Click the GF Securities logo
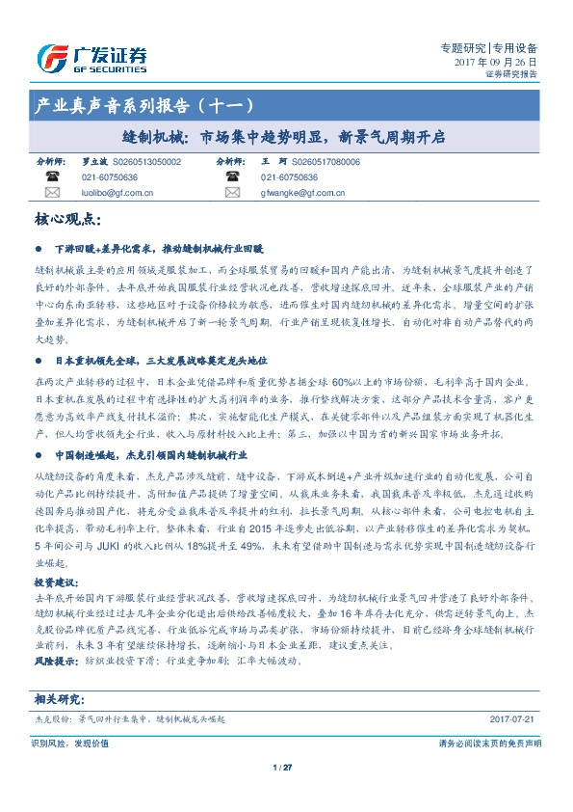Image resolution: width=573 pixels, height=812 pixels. [91, 59]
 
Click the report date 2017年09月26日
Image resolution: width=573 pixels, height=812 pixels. [494, 61]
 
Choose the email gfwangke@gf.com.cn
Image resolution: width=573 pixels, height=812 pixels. [295, 193]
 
